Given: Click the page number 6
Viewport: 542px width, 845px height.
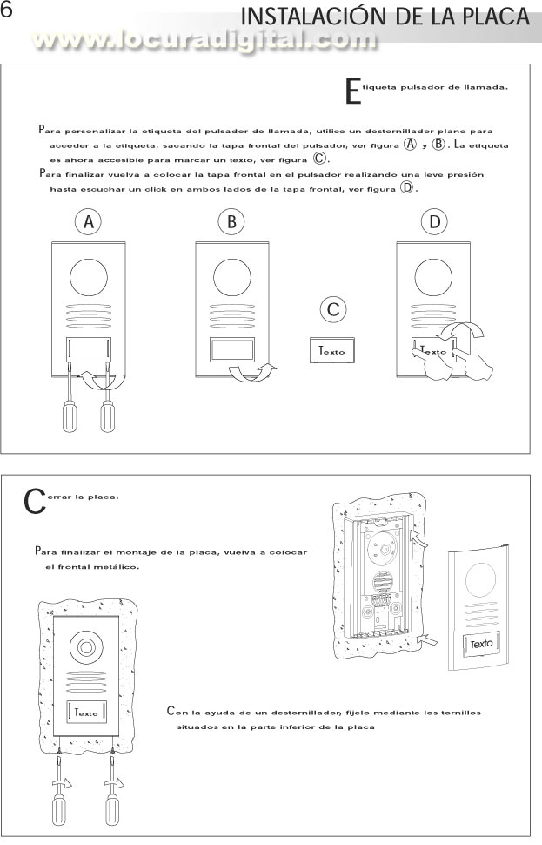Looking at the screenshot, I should (x=8, y=12).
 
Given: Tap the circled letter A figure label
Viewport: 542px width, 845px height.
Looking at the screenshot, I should (x=88, y=222).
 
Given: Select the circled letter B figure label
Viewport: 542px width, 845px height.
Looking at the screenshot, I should (x=231, y=222).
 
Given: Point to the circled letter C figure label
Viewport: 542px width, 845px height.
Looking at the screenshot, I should (x=331, y=309).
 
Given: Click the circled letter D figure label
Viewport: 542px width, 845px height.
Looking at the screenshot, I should (x=434, y=222).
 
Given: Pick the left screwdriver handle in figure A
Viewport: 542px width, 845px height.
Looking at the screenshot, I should (x=68, y=416).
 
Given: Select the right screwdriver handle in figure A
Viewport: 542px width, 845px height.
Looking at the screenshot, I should (x=108, y=416).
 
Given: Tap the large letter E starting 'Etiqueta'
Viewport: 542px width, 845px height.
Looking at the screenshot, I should (x=351, y=91).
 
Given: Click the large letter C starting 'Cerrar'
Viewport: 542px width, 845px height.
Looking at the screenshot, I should (x=34, y=500).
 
